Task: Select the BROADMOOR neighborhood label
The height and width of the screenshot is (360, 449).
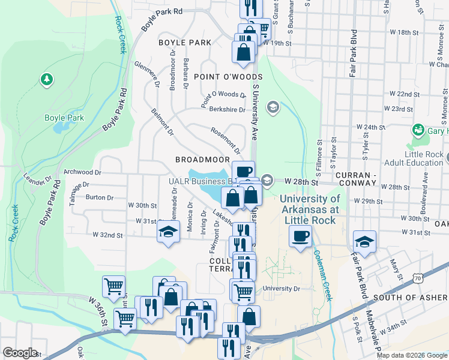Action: [202, 160]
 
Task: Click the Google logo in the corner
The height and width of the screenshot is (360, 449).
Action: [20, 353]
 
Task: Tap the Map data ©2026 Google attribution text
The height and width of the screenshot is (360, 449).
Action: [412, 355]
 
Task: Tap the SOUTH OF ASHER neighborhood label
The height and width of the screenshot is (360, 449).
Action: [411, 298]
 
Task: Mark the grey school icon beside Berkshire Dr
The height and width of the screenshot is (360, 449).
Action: [273, 107]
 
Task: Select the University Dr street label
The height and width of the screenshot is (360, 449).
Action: [280, 289]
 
